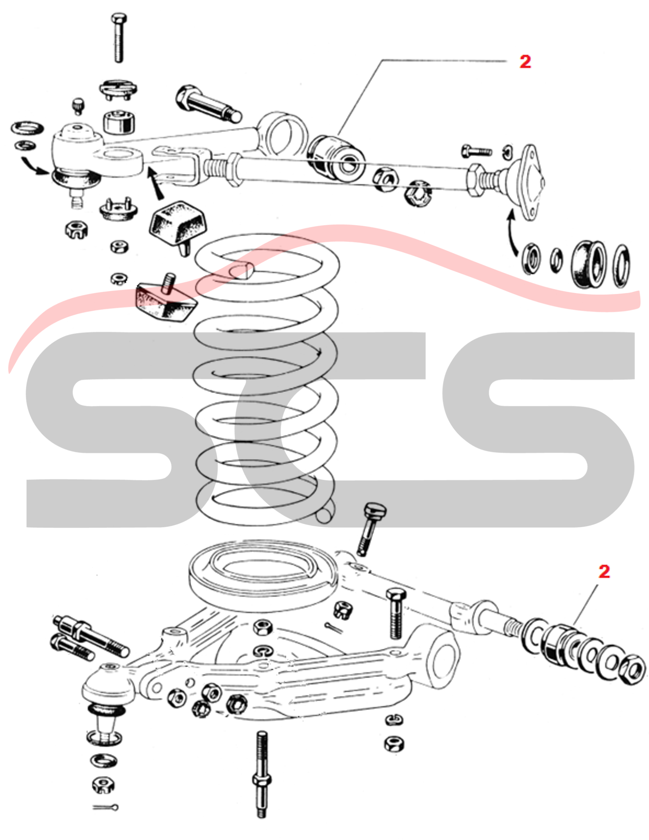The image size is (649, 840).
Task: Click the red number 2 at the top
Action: point(525,61)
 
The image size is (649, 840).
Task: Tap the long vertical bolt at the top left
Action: point(118,38)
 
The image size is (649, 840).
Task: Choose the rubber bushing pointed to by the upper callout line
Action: point(337,158)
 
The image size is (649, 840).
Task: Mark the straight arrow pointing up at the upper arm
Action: point(155,182)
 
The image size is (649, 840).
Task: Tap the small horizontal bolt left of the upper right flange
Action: point(477,150)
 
